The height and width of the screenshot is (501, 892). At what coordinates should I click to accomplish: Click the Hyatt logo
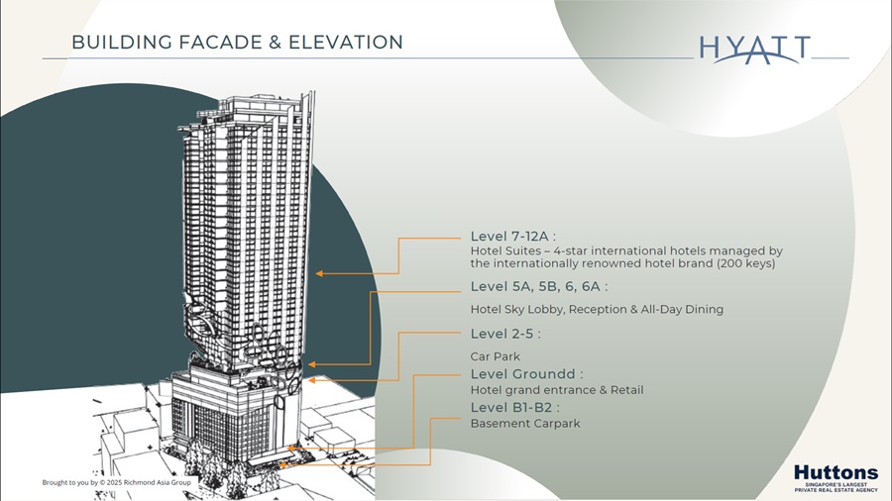(754, 49)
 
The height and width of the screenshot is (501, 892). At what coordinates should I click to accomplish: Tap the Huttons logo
(836, 477)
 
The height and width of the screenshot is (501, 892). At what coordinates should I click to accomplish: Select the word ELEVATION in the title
(346, 42)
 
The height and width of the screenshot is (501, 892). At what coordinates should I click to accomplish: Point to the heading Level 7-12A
(513, 237)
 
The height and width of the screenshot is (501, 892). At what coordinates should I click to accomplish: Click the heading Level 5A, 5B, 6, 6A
(539, 286)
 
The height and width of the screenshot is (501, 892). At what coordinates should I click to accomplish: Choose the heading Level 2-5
(505, 334)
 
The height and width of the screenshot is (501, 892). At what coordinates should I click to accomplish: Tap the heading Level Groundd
(527, 373)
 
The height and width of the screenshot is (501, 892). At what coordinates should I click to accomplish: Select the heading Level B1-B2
(514, 407)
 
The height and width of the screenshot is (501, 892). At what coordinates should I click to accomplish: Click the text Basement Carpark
(525, 423)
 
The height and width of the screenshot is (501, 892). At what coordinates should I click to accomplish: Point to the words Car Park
(495, 356)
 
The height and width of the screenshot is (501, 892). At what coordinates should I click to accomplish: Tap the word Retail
(627, 390)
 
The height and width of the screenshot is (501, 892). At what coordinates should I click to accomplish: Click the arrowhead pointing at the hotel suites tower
(320, 274)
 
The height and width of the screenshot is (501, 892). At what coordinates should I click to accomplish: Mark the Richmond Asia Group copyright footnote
(117, 482)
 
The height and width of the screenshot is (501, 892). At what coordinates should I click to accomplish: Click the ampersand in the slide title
(276, 43)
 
